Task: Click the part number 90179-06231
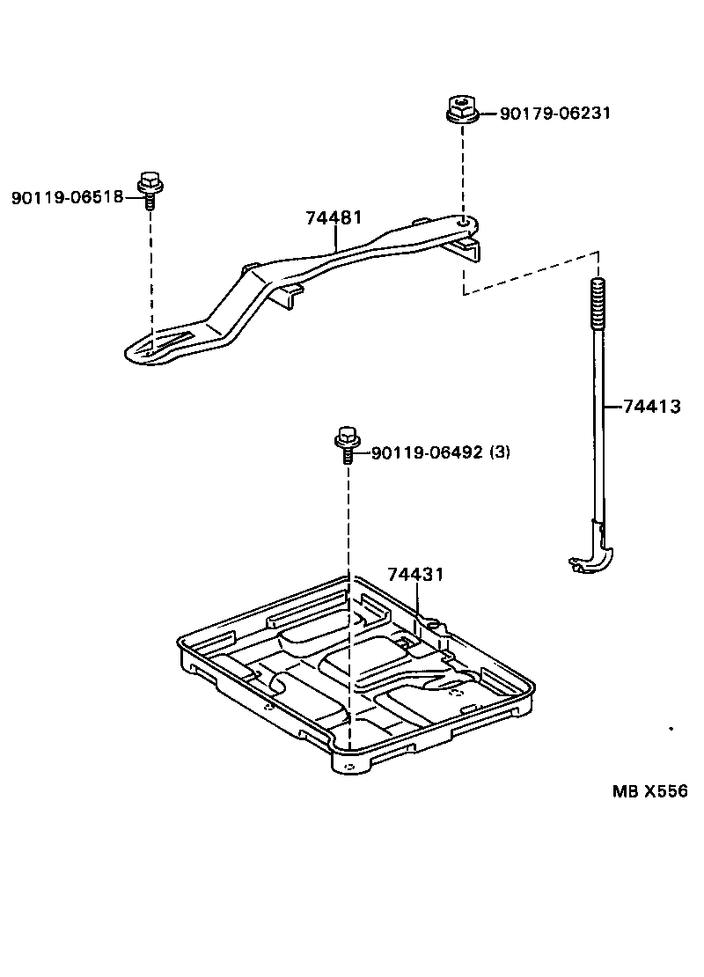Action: point(554,114)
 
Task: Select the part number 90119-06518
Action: point(67,197)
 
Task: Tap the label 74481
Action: point(334,217)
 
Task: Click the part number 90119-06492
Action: point(427,452)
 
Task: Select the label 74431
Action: point(414,575)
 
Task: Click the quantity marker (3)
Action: point(499,452)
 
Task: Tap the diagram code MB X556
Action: point(649,790)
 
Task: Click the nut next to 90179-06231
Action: point(461,111)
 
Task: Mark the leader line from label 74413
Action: point(612,407)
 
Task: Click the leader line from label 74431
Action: point(420,603)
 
